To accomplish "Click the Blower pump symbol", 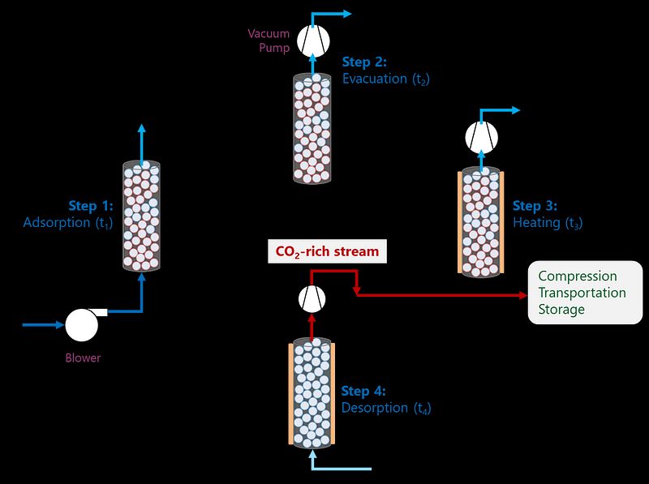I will pyautogui.click(x=81, y=325).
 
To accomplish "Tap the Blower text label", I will pyautogui.click(x=83, y=358).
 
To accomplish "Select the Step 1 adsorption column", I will pyautogui.click(x=141, y=216).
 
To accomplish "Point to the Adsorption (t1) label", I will pyautogui.click(x=68, y=222).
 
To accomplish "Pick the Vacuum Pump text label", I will pyautogui.click(x=269, y=41).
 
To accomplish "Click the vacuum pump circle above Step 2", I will pyautogui.click(x=312, y=40).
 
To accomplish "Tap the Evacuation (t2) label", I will pyautogui.click(x=385, y=79).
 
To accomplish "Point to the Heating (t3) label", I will pyautogui.click(x=548, y=222).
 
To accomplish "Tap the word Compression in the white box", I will pyautogui.click(x=578, y=276).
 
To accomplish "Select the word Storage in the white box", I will pyautogui.click(x=561, y=309).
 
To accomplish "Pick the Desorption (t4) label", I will pyautogui.click(x=385, y=408).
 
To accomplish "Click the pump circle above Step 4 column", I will pyautogui.click(x=312, y=299).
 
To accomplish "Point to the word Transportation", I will pyautogui.click(x=582, y=293).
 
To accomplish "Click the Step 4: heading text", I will pyautogui.click(x=363, y=391).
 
